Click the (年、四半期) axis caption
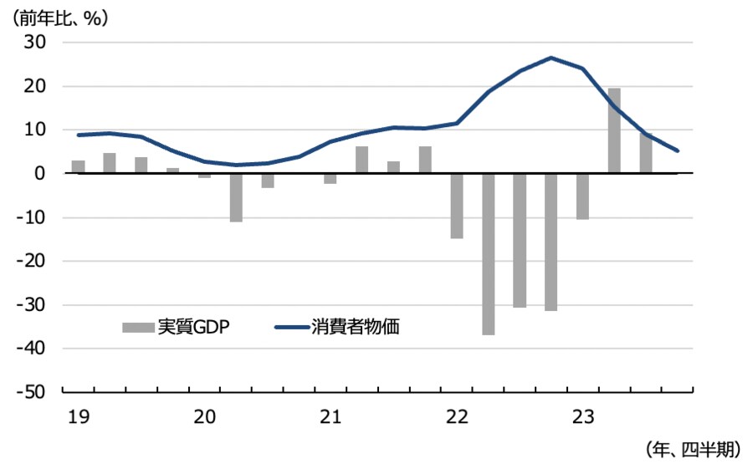694,450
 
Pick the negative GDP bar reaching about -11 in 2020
236,197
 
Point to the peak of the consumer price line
551,58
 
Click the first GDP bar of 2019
79,166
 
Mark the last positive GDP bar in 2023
646,153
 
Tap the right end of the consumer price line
677,151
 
